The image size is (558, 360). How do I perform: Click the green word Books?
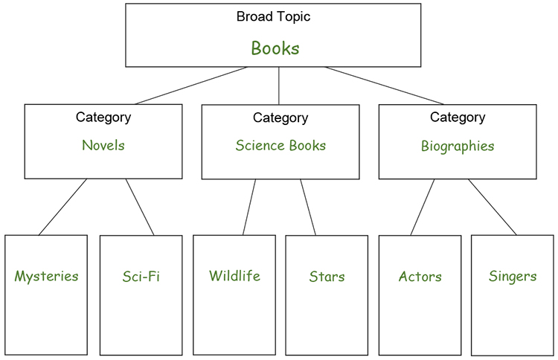click(275, 49)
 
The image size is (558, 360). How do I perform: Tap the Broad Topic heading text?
click(273, 16)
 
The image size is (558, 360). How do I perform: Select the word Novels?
click(103, 145)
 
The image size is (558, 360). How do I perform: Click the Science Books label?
click(280, 146)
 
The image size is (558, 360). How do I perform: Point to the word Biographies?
click(457, 147)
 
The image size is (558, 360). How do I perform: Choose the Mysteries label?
click(46, 277)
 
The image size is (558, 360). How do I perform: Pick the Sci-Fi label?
click(141, 277)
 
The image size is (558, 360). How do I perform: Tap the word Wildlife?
click(234, 276)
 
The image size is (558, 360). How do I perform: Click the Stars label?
click(327, 277)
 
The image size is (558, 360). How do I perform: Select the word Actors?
click(420, 277)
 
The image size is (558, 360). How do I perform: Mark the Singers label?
click(513, 277)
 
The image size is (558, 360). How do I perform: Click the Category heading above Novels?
click(103, 117)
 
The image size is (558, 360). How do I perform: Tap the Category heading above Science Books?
click(280, 118)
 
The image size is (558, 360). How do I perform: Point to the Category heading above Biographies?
click(457, 117)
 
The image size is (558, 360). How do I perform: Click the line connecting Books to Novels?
click(190, 86)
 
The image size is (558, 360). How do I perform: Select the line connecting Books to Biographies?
click(383, 86)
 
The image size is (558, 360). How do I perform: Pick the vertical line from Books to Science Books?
click(279, 86)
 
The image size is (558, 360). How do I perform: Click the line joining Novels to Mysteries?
click(63, 207)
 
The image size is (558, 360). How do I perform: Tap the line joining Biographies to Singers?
click(492, 207)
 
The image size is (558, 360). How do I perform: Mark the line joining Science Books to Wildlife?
click(249, 207)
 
